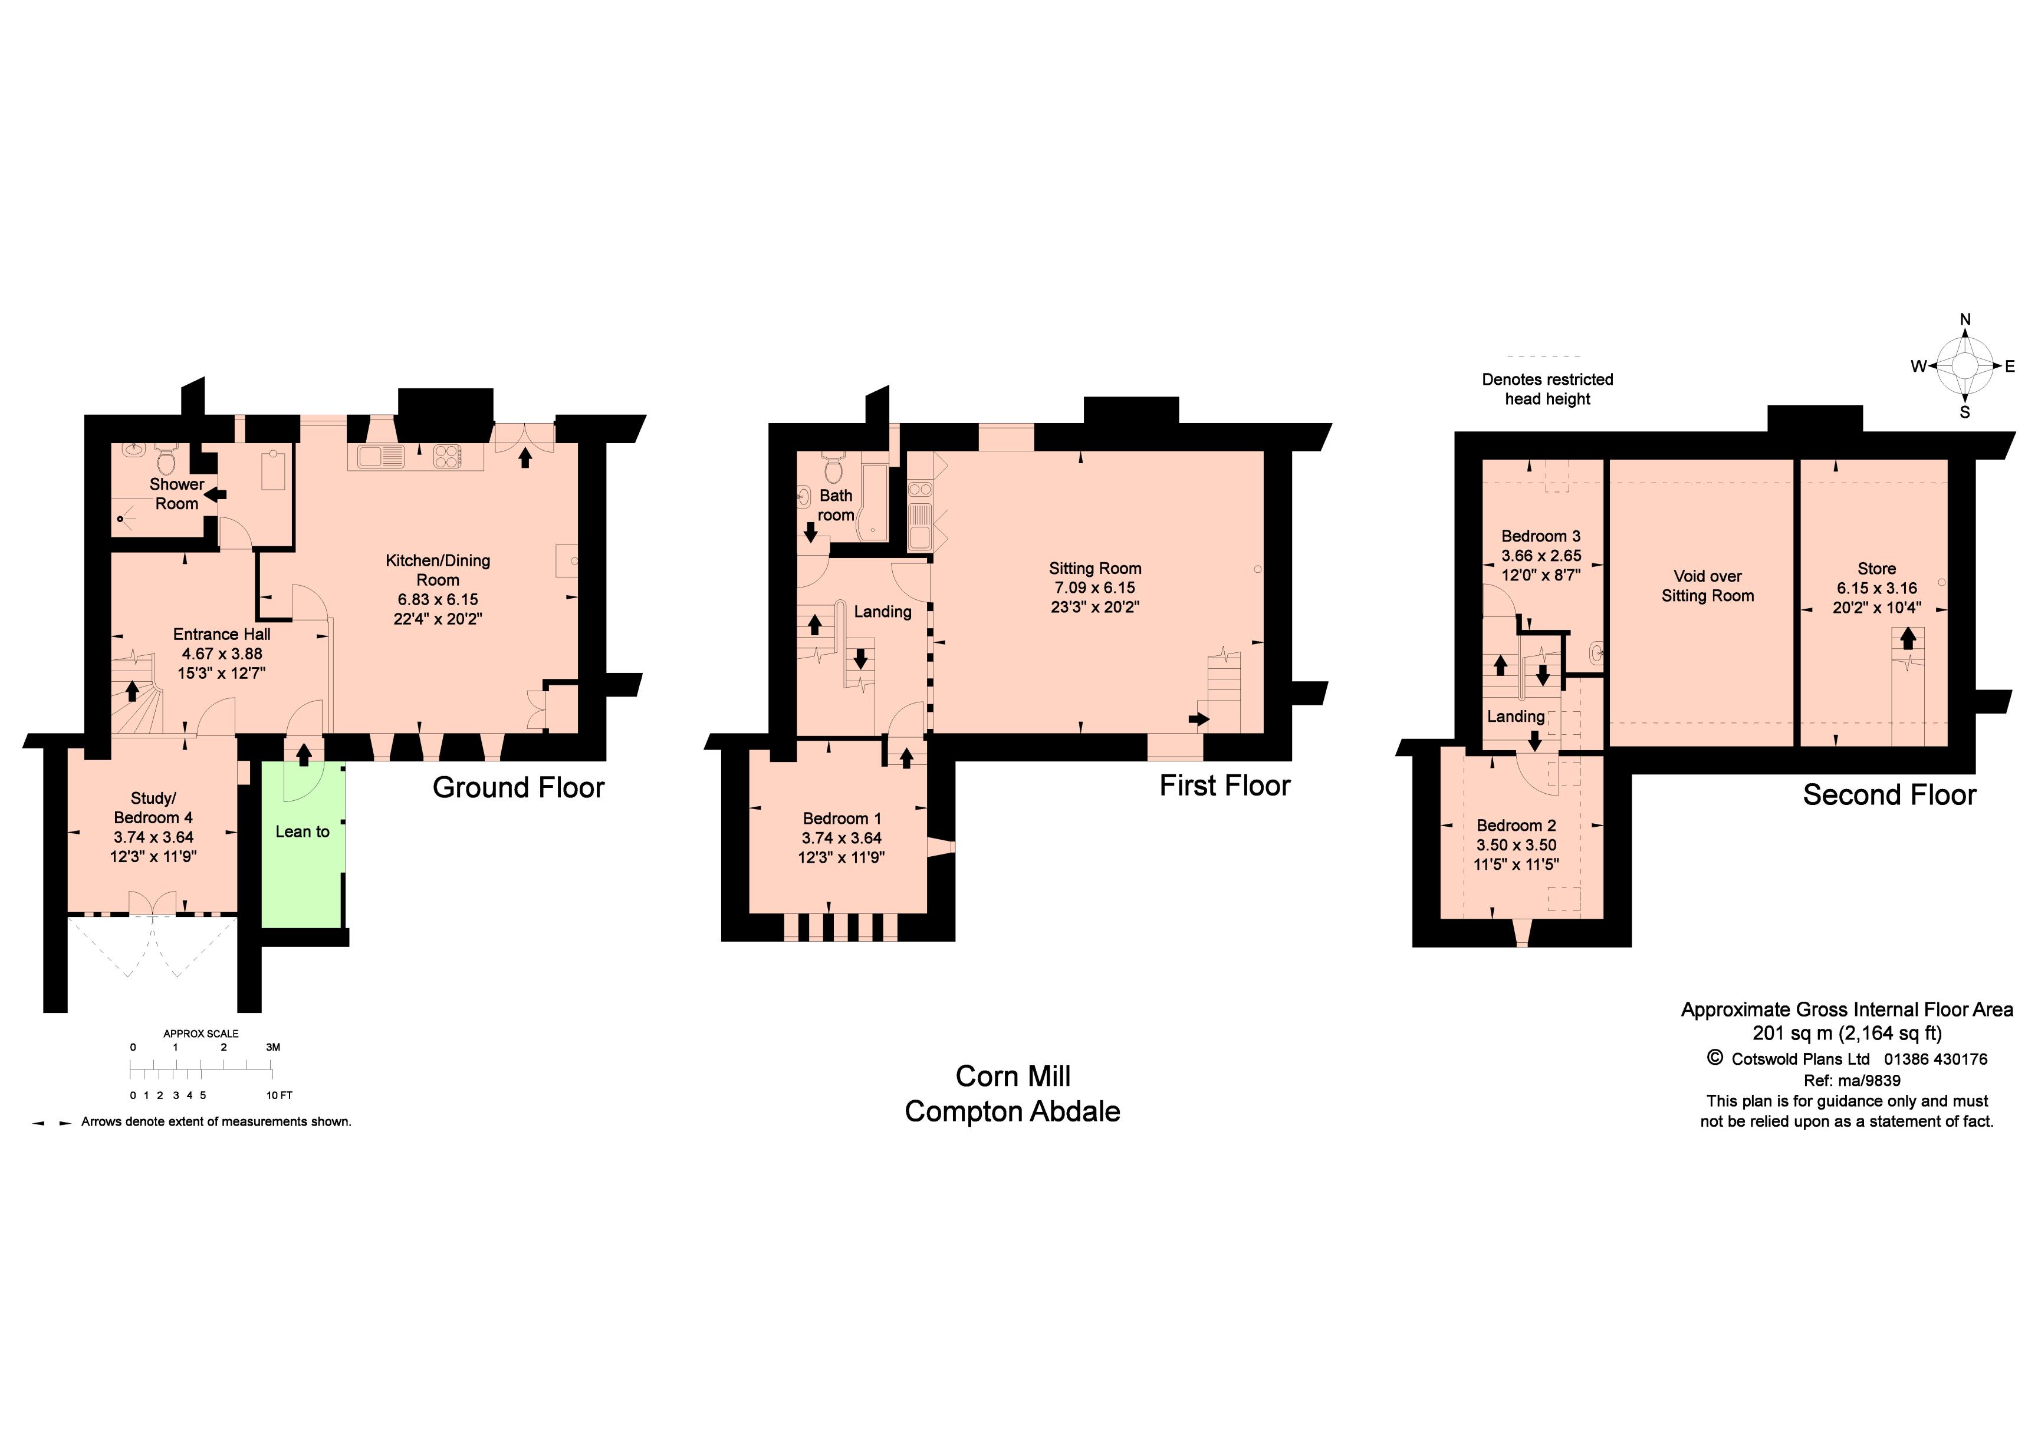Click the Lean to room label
[302, 831]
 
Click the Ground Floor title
[518, 788]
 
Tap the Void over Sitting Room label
[1707, 586]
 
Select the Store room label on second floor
[1876, 569]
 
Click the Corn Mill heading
[1013, 1076]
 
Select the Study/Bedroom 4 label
[153, 807]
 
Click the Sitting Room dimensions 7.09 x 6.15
[1094, 588]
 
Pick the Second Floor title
[1889, 795]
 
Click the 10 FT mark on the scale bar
[280, 1095]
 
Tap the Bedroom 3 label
[1540, 536]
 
